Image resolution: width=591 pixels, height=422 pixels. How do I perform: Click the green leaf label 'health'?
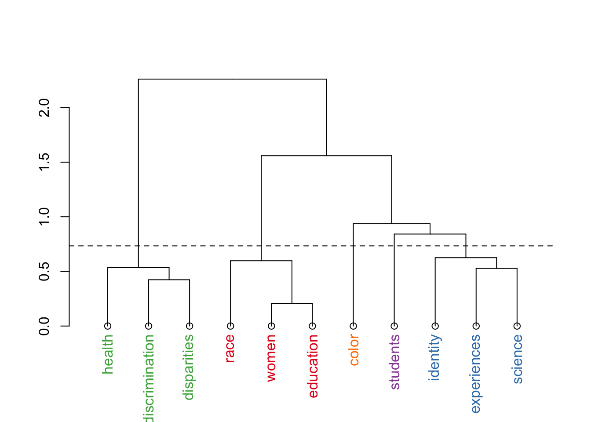click(108, 354)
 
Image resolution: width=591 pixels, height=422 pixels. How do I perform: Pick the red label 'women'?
click(271, 358)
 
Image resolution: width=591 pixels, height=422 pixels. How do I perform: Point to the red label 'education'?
click(313, 366)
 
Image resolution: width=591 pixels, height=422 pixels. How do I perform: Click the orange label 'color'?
click(354, 350)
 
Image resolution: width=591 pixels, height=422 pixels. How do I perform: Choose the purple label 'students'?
click(395, 362)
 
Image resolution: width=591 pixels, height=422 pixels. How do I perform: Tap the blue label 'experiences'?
click(476, 374)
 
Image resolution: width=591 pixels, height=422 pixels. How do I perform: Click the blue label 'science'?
click(518, 359)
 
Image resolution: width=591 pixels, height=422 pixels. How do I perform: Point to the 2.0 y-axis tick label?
click(44, 108)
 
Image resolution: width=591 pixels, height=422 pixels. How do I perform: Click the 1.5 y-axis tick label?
click(44, 162)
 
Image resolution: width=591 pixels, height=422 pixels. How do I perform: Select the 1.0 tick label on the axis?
click(44, 217)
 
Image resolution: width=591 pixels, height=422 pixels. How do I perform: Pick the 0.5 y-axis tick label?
click(44, 271)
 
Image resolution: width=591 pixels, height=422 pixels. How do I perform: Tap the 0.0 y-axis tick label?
click(44, 326)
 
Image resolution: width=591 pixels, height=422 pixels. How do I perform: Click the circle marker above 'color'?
click(353, 326)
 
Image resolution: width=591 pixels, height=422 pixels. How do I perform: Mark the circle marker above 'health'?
click(108, 326)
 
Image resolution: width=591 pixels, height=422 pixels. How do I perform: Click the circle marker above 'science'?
click(517, 326)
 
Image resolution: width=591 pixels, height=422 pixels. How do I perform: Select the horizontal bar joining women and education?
click(292, 303)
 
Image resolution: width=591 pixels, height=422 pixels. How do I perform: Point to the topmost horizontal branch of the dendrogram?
click(233, 79)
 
